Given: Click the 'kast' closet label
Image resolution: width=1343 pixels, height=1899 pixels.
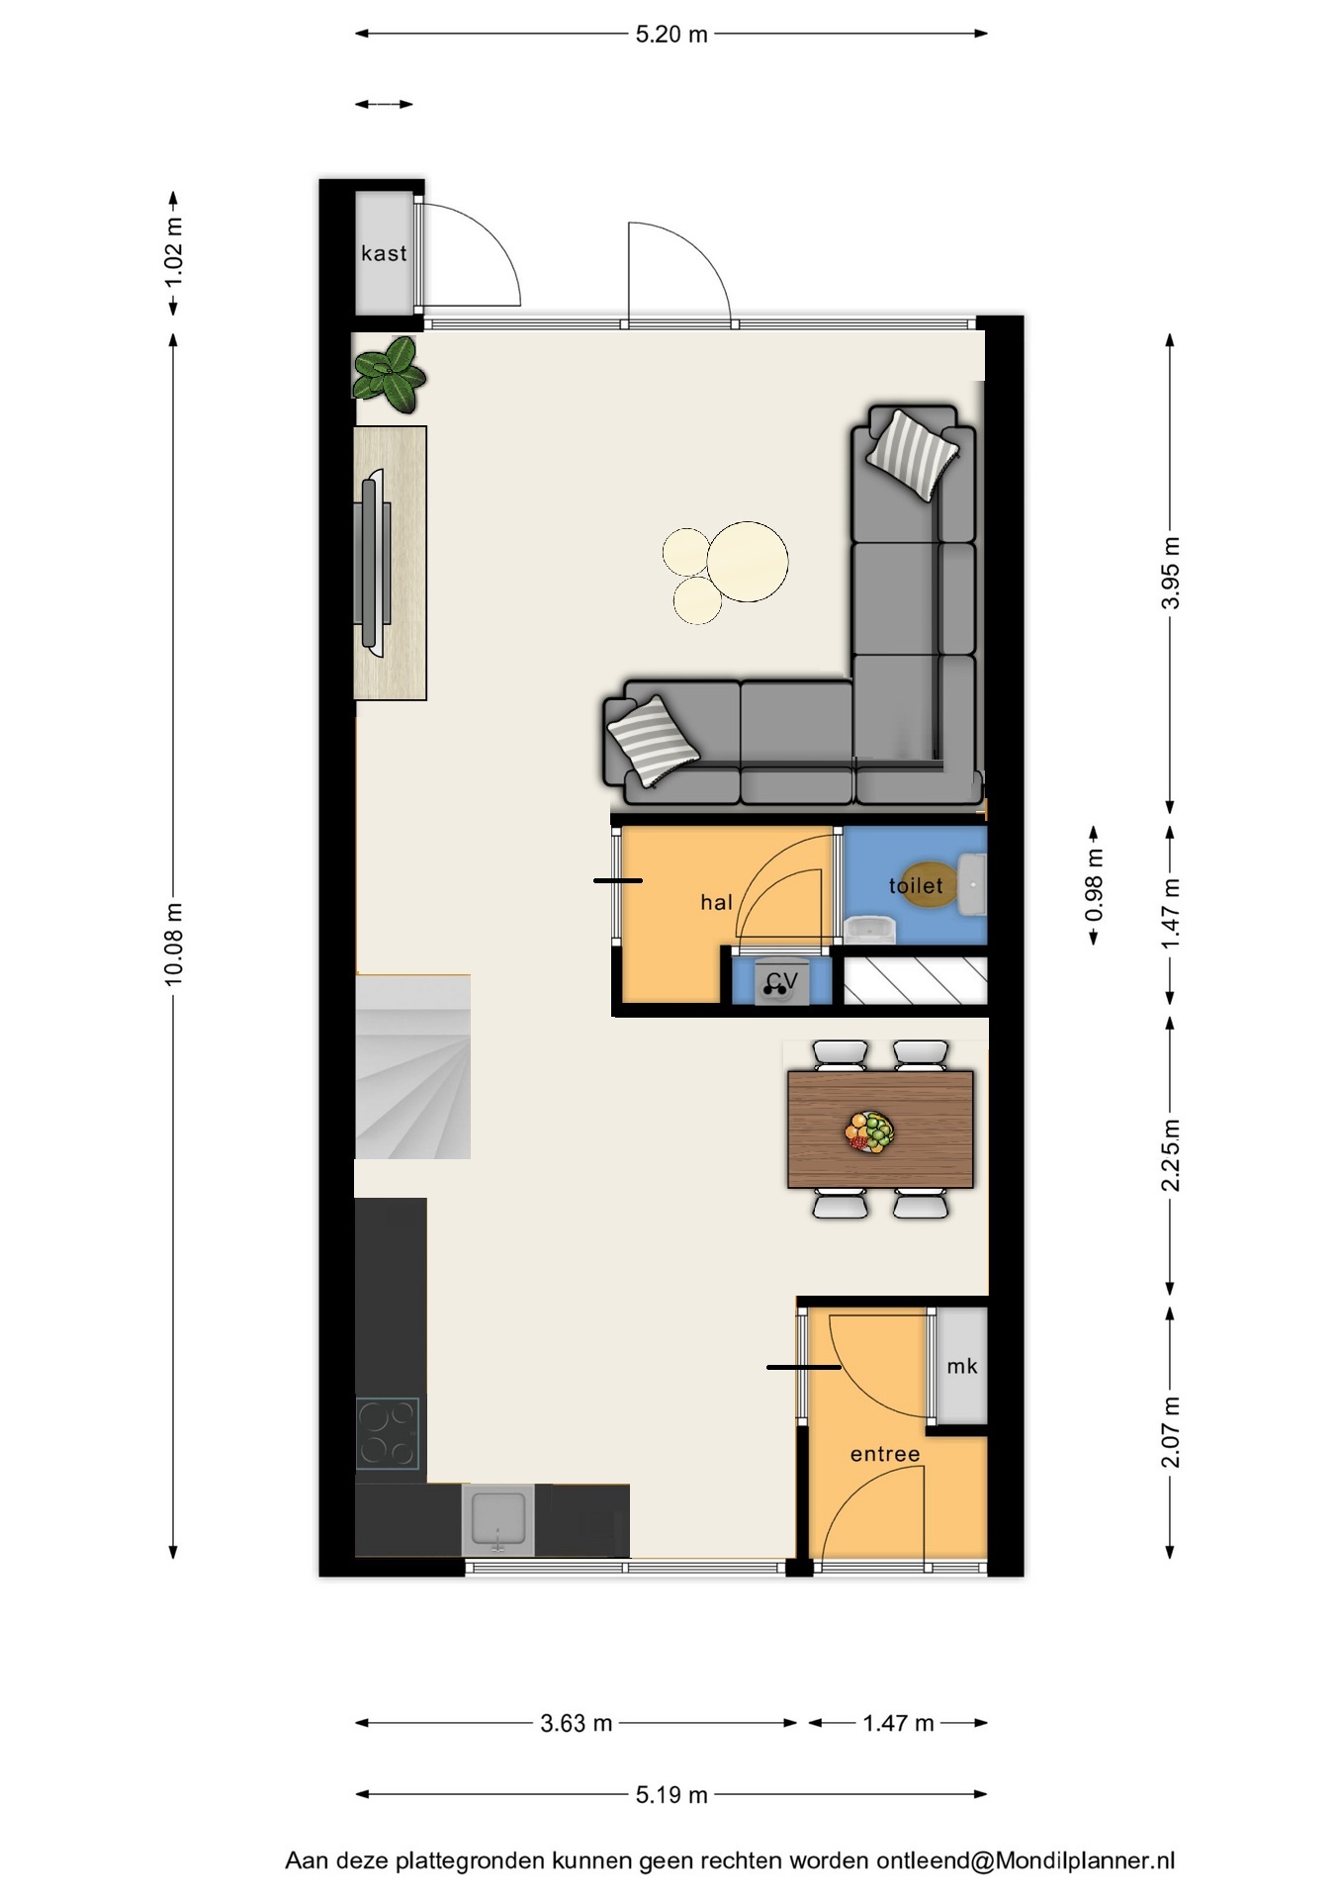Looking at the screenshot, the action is coord(384,253).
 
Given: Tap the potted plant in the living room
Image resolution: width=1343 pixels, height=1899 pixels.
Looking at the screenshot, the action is coord(389,373).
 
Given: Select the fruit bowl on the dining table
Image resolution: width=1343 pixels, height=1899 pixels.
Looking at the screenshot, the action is coord(870,1130).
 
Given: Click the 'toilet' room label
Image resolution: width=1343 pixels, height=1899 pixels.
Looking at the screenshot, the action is coord(916,885).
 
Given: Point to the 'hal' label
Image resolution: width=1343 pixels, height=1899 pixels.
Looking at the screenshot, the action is coord(716,901).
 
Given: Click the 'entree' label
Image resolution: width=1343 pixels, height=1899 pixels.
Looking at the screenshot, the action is coord(885,1454).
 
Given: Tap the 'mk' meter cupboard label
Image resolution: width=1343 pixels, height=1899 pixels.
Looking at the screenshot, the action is coord(961,1366).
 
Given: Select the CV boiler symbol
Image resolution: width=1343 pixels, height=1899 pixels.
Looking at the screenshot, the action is coord(781,982).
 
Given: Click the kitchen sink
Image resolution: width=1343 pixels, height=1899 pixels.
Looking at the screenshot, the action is coord(497,1519).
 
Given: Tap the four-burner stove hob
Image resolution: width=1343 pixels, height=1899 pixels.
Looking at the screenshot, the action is coord(388,1433).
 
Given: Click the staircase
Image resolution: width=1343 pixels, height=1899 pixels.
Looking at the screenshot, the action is coord(412,1066).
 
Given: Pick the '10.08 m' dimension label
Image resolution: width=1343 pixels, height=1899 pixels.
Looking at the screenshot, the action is coord(174,944).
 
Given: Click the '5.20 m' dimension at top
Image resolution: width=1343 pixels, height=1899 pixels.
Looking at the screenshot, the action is coord(671,34).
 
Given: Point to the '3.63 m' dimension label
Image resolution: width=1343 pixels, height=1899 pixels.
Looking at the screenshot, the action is coord(576,1723).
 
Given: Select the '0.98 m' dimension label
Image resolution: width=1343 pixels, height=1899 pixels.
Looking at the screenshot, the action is coord(1094,886).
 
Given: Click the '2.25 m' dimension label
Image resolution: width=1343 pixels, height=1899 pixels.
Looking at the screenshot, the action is coord(1171,1155).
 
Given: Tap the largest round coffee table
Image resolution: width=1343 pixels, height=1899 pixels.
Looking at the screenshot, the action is coord(748,562).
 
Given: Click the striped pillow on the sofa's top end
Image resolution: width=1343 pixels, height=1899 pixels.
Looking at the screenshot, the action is coord(912,454).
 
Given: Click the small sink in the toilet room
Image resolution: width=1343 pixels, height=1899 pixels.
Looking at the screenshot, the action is coord(870,930).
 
